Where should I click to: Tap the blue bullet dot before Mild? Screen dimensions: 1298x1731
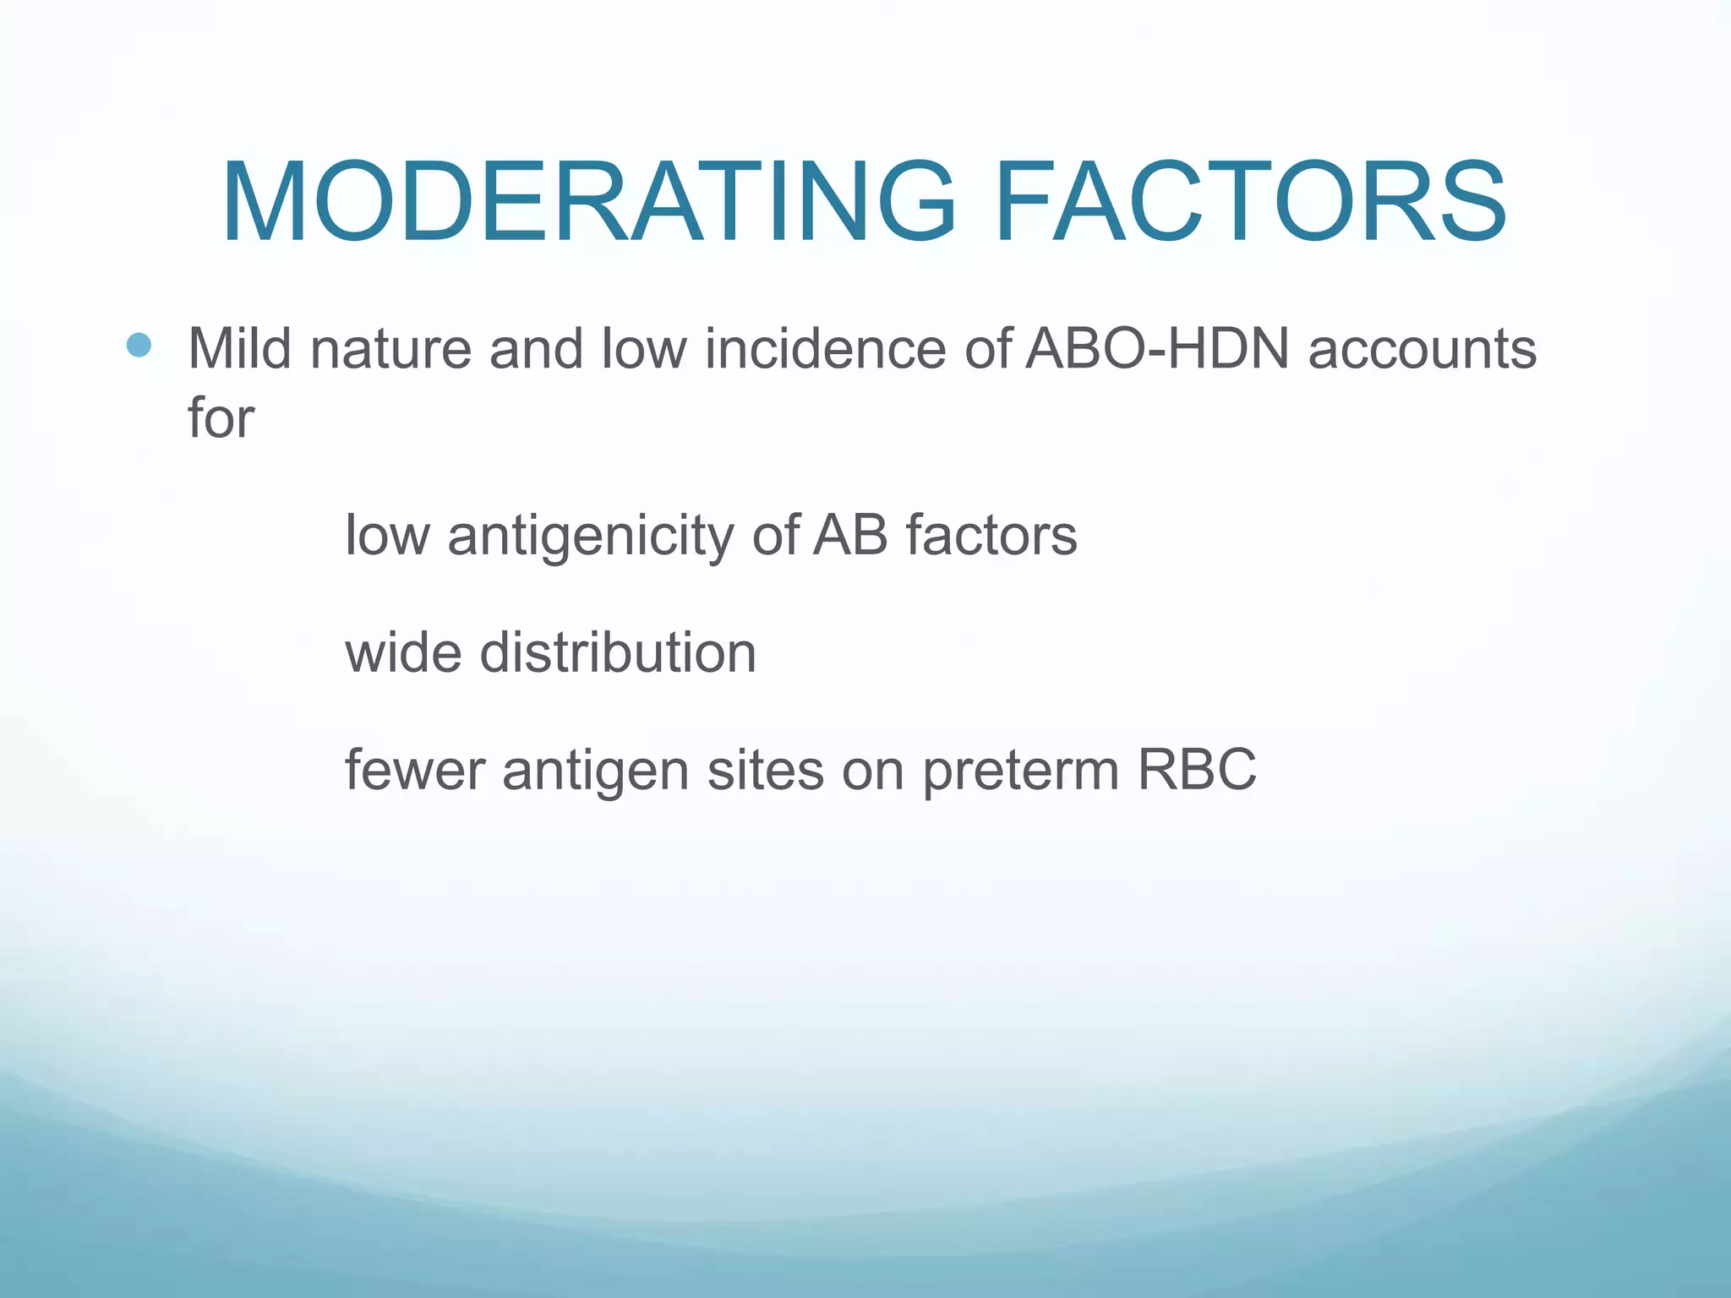[139, 345]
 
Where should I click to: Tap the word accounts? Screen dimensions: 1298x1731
[1422, 348]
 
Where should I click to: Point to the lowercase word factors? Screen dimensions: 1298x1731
[991, 536]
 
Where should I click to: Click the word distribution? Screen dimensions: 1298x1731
[618, 653]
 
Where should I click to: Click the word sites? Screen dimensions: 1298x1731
[765, 770]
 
